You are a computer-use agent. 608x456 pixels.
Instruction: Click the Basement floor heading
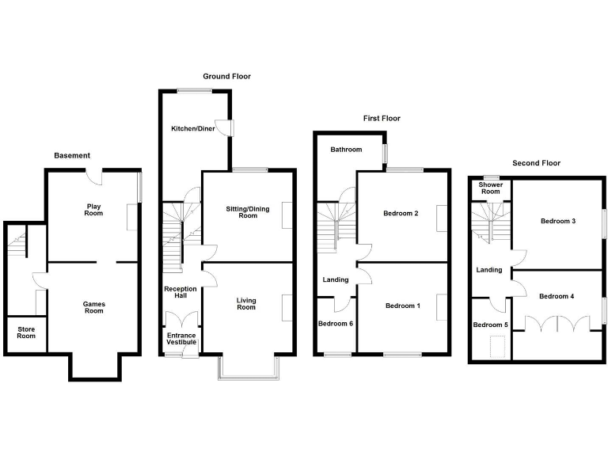click(x=72, y=155)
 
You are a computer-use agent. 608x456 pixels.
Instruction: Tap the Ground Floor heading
click(x=226, y=77)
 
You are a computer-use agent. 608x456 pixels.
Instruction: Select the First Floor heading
click(x=382, y=119)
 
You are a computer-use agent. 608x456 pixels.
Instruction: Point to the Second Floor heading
click(x=536, y=163)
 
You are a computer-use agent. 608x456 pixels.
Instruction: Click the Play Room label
click(x=94, y=210)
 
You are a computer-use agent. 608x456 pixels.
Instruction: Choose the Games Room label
click(x=94, y=307)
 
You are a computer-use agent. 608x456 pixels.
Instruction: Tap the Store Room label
click(x=26, y=332)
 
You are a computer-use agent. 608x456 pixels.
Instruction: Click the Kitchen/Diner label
click(x=193, y=128)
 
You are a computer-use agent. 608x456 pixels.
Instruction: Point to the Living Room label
click(x=246, y=303)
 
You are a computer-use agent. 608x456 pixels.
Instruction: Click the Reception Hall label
click(x=180, y=293)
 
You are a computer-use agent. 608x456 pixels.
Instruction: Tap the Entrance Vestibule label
click(x=180, y=340)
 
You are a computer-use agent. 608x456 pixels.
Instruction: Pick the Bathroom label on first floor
click(x=346, y=150)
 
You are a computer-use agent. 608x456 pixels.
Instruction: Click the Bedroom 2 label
click(x=401, y=214)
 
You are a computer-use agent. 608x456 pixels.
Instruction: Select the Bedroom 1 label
click(x=403, y=306)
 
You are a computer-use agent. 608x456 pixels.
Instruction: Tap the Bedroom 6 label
click(x=336, y=324)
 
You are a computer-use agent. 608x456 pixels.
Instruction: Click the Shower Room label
click(x=491, y=188)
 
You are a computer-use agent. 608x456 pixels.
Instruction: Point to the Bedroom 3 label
click(x=558, y=221)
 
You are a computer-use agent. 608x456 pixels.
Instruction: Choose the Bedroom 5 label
click(x=489, y=325)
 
